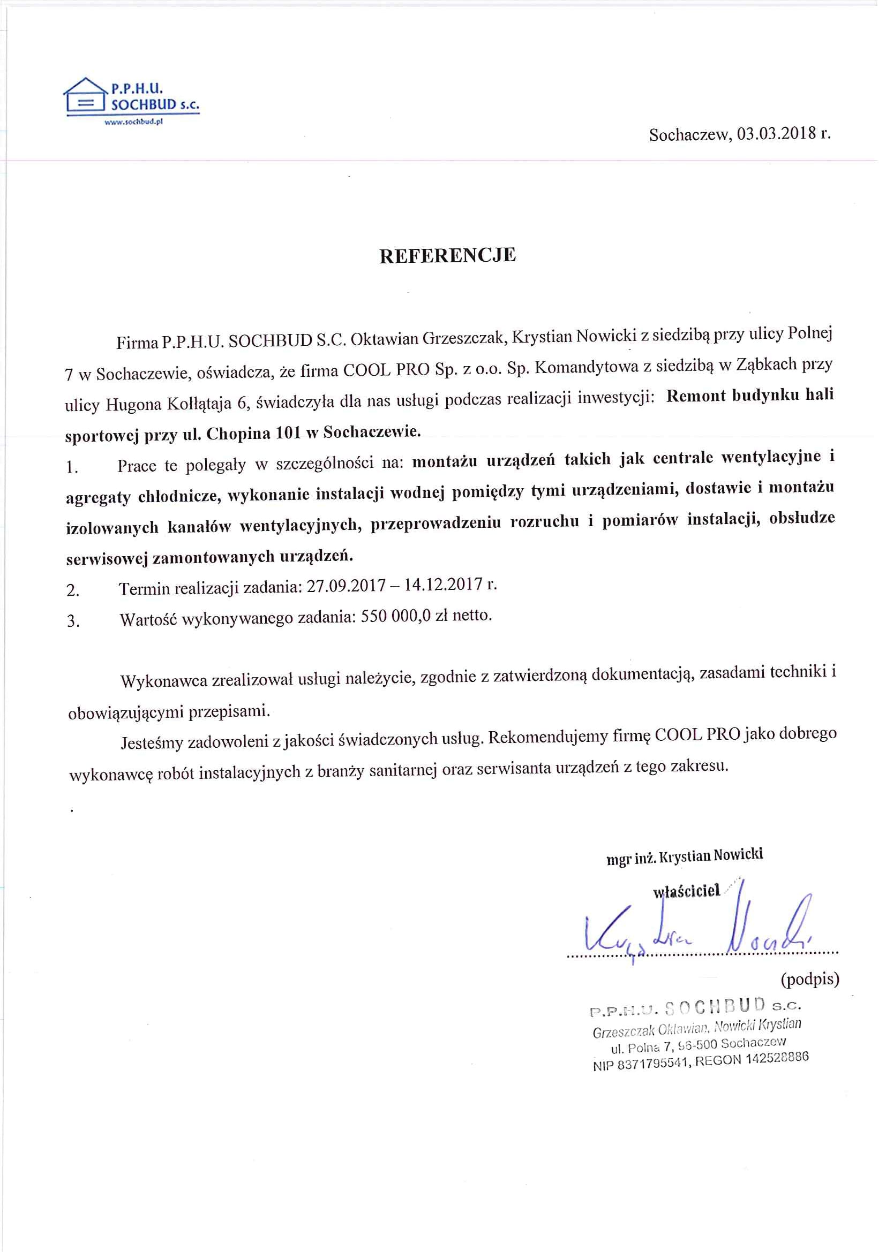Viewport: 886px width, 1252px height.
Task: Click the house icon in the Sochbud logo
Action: tap(85, 97)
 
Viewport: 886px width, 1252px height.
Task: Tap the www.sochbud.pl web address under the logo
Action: tap(134, 122)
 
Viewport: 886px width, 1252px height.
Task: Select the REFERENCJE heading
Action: tap(447, 256)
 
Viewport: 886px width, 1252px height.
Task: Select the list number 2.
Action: tap(72, 590)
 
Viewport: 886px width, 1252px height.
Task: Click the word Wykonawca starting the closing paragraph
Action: tap(163, 680)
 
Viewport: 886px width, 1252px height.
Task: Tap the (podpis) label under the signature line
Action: tap(809, 979)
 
